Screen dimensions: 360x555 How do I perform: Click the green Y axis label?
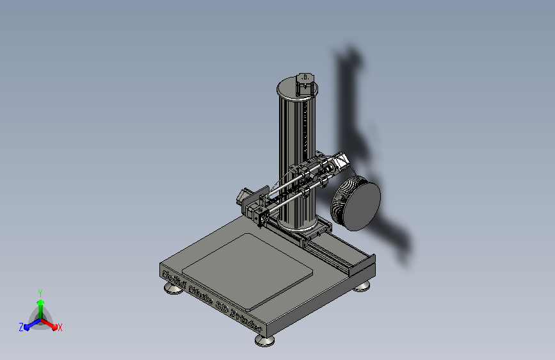pos(40,291)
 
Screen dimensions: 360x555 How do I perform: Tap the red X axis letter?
pos(60,327)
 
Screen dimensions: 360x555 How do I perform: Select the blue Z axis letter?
pos(21,327)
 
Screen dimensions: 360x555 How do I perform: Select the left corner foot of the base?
pos(173,288)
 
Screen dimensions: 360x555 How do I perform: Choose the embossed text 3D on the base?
pos(221,304)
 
